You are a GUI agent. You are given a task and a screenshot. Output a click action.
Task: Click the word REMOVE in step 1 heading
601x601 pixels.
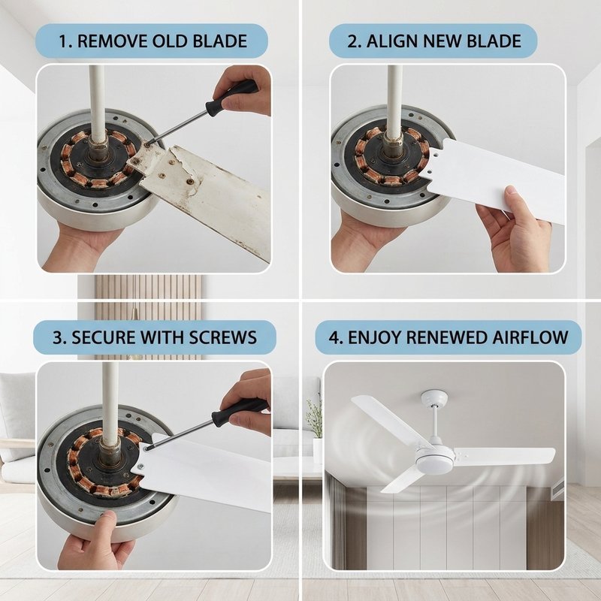click(113, 41)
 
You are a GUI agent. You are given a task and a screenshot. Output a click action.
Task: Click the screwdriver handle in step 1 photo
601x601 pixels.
click(231, 98)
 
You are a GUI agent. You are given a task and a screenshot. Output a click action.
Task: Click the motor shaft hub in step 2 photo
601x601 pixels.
click(393, 153)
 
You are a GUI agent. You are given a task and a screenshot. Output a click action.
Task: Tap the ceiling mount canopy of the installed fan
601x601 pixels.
click(434, 399)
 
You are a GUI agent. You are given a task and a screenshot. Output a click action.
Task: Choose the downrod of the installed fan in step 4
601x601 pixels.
click(435, 424)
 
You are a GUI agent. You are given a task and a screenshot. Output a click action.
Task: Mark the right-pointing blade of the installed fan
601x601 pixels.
click(504, 456)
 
